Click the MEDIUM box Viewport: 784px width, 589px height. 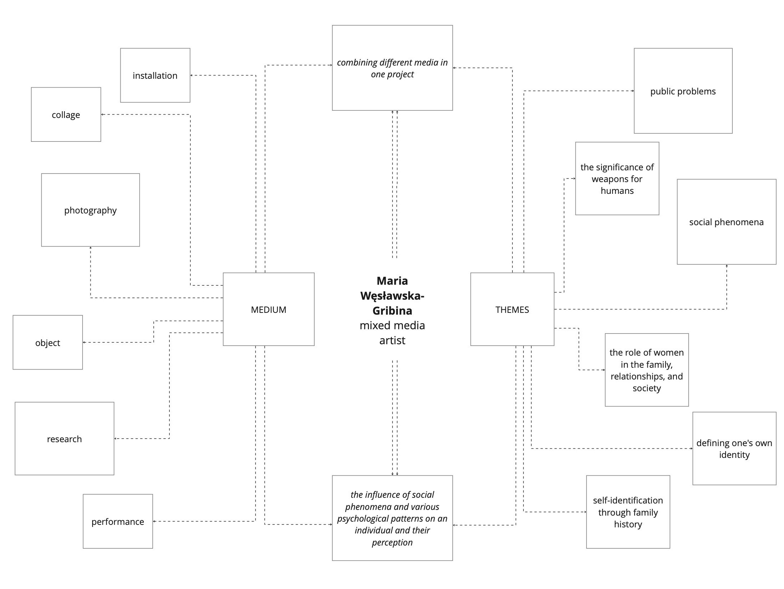coord(268,309)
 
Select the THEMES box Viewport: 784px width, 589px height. coord(512,309)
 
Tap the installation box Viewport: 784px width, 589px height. coord(155,75)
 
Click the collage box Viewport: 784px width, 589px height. coord(66,114)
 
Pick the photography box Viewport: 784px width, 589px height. coord(90,210)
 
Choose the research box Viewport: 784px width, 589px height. coord(64,438)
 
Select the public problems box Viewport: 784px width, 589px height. coord(683,91)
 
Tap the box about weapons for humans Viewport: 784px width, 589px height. coord(617,179)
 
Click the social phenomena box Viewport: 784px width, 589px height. coord(726,222)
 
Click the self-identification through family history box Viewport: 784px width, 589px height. coord(628,512)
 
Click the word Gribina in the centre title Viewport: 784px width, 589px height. coord(392,311)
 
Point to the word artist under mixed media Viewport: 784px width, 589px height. coord(392,340)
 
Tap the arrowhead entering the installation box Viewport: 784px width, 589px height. coord(191,75)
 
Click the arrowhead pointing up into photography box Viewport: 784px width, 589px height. coord(90,248)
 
